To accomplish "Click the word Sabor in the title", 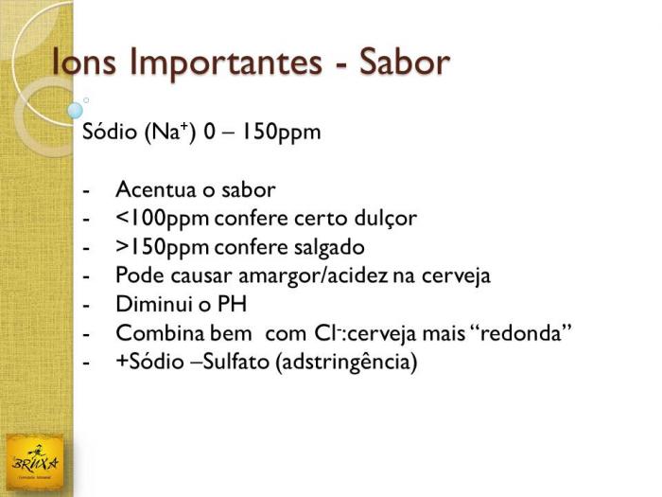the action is [404, 62].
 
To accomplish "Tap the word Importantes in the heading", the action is [226, 64].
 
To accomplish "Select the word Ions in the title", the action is [83, 62].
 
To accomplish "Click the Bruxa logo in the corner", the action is [35, 463].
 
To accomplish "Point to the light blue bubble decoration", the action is [75, 111].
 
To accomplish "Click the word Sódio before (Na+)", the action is [110, 132].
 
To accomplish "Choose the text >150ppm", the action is [162, 248].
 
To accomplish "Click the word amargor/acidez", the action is [313, 276].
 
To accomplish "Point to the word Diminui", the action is [153, 304].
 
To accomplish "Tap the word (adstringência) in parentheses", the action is [346, 363].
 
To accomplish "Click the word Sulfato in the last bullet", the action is [235, 362].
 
